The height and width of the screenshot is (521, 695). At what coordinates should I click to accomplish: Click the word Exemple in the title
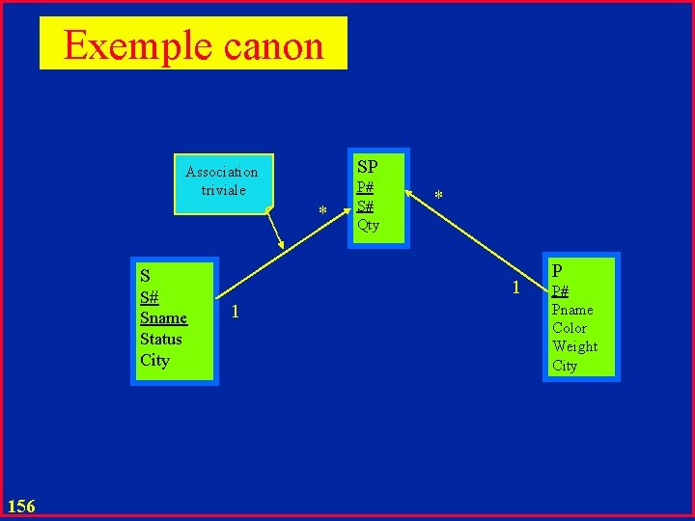click(133, 45)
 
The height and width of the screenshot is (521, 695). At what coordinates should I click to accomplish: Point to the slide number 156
click(20, 506)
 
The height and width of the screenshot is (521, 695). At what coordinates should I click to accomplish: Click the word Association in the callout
click(222, 172)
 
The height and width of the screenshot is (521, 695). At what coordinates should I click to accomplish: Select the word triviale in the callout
click(223, 190)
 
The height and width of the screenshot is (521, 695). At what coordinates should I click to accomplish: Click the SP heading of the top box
click(367, 167)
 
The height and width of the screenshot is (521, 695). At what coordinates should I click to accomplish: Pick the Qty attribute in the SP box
click(368, 225)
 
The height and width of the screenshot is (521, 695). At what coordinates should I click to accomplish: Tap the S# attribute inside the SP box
click(365, 206)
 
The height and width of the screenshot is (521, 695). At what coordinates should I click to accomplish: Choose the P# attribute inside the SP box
click(365, 187)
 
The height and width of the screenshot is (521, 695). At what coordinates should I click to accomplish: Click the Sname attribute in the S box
click(163, 318)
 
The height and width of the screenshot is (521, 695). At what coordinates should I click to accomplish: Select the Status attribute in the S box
click(160, 339)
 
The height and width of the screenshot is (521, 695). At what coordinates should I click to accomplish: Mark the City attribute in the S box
click(154, 360)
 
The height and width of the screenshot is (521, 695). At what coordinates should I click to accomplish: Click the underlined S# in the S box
click(150, 297)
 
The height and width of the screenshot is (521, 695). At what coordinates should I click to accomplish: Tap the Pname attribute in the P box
click(572, 310)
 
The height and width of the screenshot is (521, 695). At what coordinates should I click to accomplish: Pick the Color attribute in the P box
click(570, 328)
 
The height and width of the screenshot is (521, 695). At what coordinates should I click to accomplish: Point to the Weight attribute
click(574, 346)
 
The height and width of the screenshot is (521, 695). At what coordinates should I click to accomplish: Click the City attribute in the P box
click(565, 366)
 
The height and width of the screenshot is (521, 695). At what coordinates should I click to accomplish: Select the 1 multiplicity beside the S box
click(236, 312)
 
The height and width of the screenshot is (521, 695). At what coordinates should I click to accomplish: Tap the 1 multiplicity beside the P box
click(516, 288)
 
